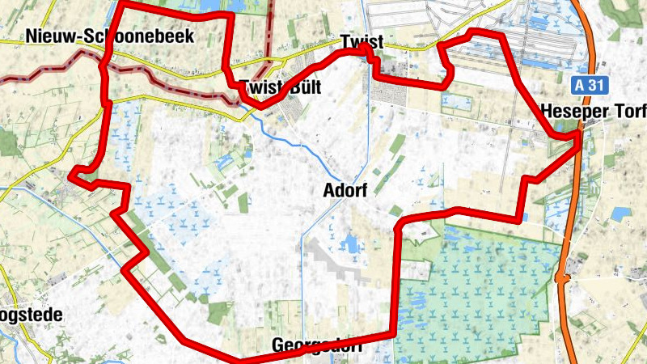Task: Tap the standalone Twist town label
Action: pos(362,40)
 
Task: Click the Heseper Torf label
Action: pos(594,109)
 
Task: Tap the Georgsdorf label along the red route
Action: pos(314,345)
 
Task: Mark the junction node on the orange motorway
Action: pos(560,277)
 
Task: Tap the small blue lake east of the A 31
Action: pos(621,214)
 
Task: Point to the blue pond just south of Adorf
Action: pos(352,243)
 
